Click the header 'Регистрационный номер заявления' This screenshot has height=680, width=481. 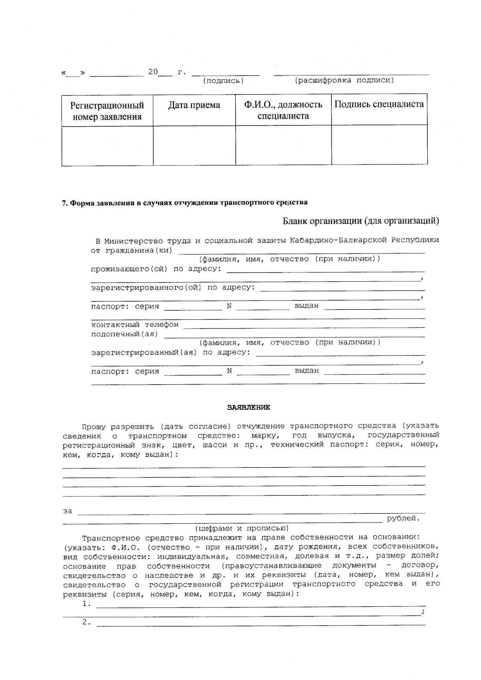tap(107, 111)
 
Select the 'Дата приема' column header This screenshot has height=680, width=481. tap(194, 105)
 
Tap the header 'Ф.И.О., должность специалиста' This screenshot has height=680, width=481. tap(283, 111)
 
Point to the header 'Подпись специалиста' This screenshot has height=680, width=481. tap(379, 105)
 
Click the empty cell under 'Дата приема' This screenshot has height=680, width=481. tap(194, 145)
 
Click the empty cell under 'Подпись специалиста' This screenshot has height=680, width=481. tap(379, 145)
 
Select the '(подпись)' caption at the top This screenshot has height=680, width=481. tap(223, 81)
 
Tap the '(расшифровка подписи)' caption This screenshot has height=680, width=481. tap(344, 81)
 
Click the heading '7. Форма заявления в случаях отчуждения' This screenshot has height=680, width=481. tap(185, 202)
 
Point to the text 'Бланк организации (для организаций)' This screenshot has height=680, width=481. tap(361, 221)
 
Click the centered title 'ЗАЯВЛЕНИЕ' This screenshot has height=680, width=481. tap(249, 408)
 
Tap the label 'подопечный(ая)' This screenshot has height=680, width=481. tap(125, 334)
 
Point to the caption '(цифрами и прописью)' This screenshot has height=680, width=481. tap(241, 528)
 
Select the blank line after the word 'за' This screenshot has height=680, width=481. tap(251, 511)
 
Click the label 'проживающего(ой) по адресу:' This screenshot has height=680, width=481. tap(156, 268)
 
